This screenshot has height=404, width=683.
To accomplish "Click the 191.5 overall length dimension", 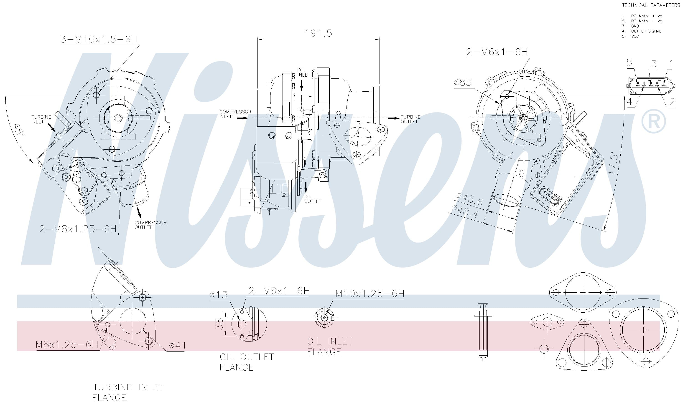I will [318, 33].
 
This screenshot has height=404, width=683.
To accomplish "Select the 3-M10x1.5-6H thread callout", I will [99, 39].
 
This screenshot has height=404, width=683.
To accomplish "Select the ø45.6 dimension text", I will [470, 200].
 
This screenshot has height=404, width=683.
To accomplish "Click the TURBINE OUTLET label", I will [410, 119].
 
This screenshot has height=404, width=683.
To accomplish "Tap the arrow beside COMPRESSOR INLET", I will [242, 118].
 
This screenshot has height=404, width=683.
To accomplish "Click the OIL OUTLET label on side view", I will [312, 199].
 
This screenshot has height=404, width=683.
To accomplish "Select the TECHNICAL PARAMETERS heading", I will [651, 5].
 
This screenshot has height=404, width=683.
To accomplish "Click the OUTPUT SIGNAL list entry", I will [646, 31].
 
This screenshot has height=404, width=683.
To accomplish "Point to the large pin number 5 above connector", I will [629, 63].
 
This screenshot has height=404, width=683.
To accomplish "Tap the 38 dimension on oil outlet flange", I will [220, 324].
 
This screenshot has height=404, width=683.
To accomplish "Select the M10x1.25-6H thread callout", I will [370, 294].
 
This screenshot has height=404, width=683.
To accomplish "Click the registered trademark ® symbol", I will [653, 121].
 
